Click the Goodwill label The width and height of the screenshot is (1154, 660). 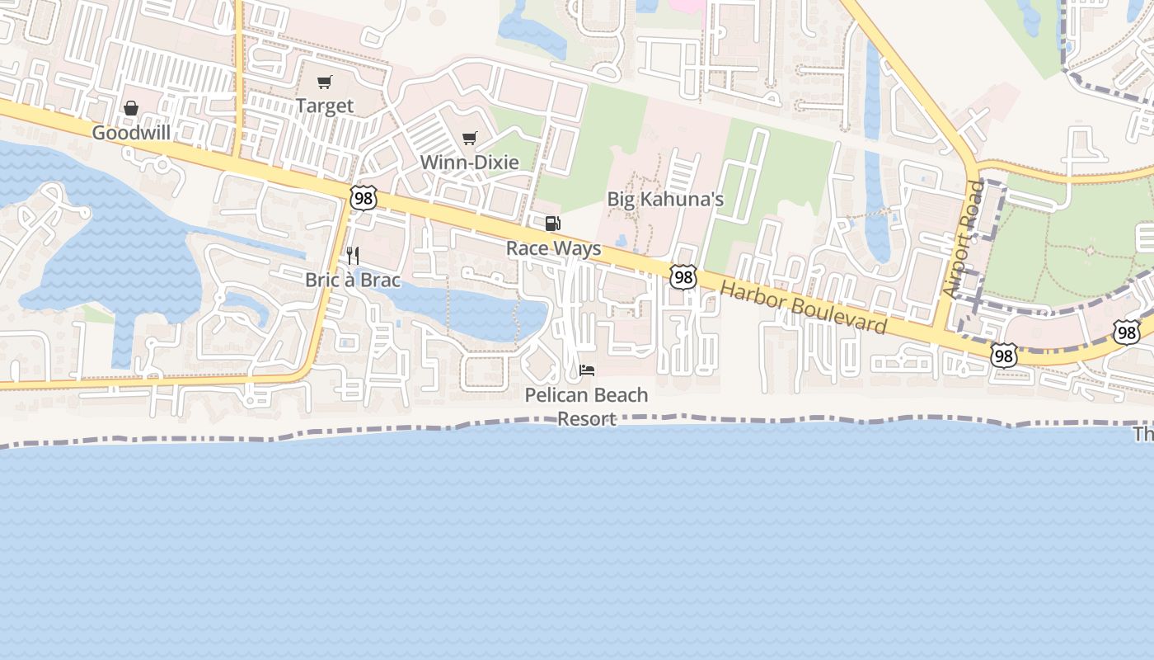click(x=131, y=133)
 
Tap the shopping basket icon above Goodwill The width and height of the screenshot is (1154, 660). click(x=131, y=108)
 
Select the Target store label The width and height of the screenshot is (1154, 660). click(x=325, y=106)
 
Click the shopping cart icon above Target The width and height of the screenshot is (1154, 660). click(x=325, y=82)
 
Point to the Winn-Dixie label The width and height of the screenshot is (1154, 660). click(x=470, y=162)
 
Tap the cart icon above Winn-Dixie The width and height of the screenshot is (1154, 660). click(x=470, y=138)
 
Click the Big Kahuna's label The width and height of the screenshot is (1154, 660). click(x=665, y=199)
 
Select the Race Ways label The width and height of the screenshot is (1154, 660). click(x=553, y=248)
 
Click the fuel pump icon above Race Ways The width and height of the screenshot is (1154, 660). click(x=553, y=224)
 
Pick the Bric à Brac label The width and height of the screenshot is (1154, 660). click(x=353, y=280)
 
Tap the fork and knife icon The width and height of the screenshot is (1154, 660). click(x=353, y=255)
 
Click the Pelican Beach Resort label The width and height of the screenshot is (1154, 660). click(x=587, y=406)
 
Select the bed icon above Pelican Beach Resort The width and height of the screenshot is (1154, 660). click(x=587, y=370)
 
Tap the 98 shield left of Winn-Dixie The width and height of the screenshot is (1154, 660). click(x=363, y=197)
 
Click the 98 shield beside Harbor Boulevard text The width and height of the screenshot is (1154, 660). click(x=683, y=277)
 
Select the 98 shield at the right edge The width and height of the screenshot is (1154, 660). click(x=1126, y=332)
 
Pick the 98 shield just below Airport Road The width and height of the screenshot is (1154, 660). click(x=1003, y=356)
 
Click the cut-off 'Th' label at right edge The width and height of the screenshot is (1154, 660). click(x=1143, y=434)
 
